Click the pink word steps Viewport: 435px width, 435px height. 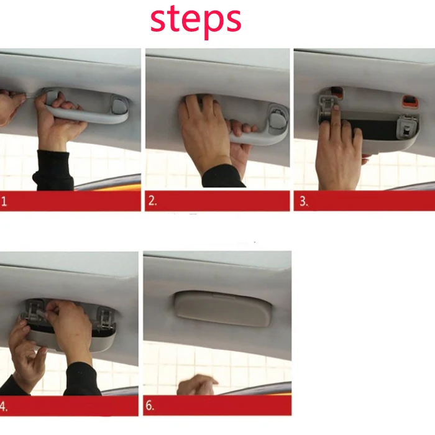pyautogui.click(x=196, y=21)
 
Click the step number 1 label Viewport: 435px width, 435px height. pyautogui.click(x=4, y=201)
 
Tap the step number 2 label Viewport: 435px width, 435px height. pyautogui.click(x=153, y=201)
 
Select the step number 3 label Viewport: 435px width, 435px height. pyautogui.click(x=304, y=201)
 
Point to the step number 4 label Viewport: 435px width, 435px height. pyautogui.click(x=4, y=406)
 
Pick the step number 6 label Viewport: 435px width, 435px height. pyautogui.click(x=150, y=406)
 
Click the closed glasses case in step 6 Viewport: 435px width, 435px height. pyautogui.click(x=222, y=308)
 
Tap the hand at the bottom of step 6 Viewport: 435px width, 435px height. pyautogui.click(x=197, y=385)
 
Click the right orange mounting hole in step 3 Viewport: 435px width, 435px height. pyautogui.click(x=410, y=101)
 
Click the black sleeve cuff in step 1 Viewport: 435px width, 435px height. pyautogui.click(x=53, y=170)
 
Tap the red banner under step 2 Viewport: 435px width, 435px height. pyautogui.click(x=217, y=201)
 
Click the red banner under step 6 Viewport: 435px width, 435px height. pyautogui.click(x=217, y=406)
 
